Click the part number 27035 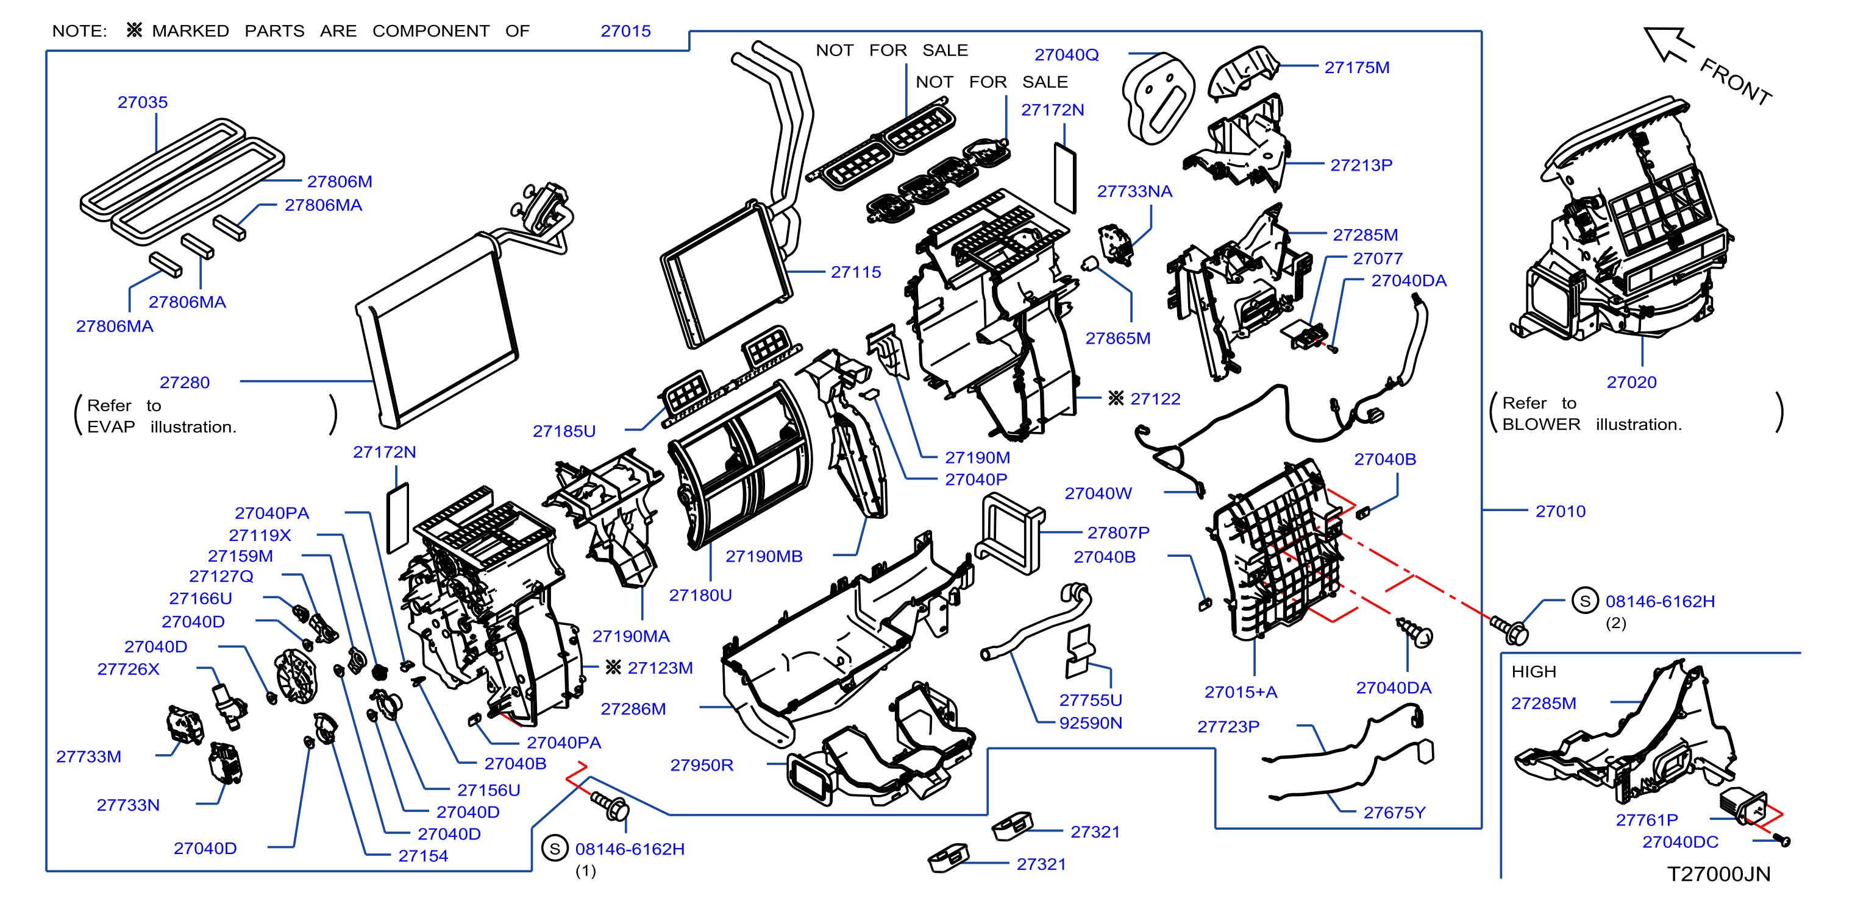(143, 102)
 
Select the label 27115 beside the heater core (855, 272)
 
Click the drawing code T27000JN (1718, 874)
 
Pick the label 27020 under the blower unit (1631, 382)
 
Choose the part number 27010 (1560, 511)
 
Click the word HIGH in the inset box (1533, 671)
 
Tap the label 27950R (702, 765)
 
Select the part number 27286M (633, 709)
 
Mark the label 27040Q (1066, 55)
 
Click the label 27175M (1357, 68)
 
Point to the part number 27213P (1361, 165)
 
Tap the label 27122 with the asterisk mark (1144, 399)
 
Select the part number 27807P (1119, 532)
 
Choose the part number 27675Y (1394, 813)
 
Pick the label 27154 (422, 856)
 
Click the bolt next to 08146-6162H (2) (1509, 630)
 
